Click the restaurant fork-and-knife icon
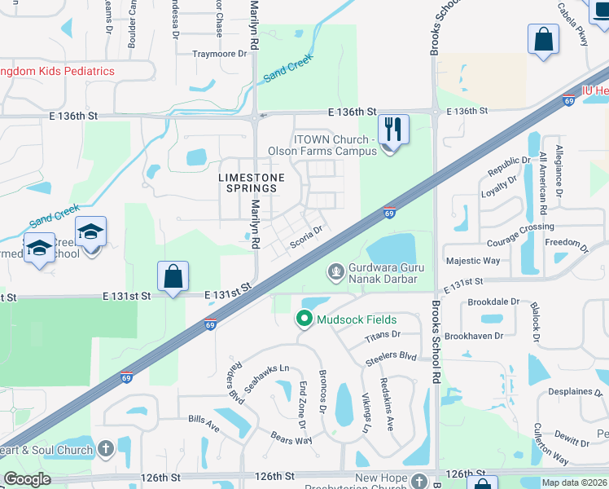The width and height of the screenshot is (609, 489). point(393,129)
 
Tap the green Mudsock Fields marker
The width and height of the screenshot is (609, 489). point(304,319)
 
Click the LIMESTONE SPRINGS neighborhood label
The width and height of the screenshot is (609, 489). point(252,183)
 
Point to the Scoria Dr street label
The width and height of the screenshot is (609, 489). point(308,235)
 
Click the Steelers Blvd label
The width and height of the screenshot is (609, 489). point(397,355)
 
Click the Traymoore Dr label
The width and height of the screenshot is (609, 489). point(219,54)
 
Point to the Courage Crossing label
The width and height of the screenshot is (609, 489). point(520,227)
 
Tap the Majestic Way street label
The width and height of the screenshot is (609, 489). point(473,261)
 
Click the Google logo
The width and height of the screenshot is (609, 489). point(27,479)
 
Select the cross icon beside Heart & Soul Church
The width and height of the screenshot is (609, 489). point(105,449)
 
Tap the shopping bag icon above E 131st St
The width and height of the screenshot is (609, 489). point(173,276)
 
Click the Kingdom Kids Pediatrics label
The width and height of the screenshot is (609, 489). point(57,71)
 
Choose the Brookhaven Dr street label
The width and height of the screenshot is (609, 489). point(498,335)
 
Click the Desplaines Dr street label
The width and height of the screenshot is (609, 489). point(570,391)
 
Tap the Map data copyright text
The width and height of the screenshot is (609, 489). point(575,482)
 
